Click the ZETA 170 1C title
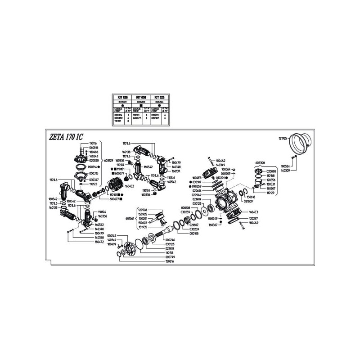pos(66,137)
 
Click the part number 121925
pos(283,139)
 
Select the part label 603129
pos(108,160)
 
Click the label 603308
pos(260,163)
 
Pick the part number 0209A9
pos(197,195)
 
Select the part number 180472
pos(99,242)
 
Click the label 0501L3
pos(112,235)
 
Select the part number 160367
pos(213,224)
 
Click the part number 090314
pos(94,166)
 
